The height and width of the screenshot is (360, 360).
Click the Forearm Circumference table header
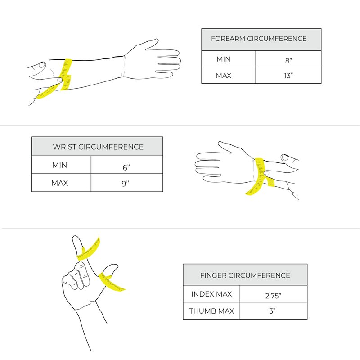pyautogui.click(x=259, y=39)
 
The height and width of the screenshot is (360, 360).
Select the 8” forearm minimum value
pyautogui.click(x=288, y=61)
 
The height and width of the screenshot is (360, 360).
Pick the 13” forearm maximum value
pyautogui.click(x=288, y=75)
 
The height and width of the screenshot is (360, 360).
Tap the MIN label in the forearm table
pyautogui.click(x=223, y=59)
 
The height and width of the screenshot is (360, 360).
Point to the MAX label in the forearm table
pyautogui.click(x=223, y=76)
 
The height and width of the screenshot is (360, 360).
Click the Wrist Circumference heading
pyautogui.click(x=98, y=147)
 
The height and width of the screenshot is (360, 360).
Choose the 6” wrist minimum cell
pyautogui.click(x=126, y=167)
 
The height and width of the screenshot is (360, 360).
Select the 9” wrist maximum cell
pyautogui.click(x=126, y=184)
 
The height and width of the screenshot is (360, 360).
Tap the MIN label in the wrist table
pyautogui.click(x=59, y=165)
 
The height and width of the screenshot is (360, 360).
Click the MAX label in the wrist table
pyautogui.click(x=59, y=183)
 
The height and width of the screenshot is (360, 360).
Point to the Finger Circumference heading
pyautogui.click(x=245, y=275)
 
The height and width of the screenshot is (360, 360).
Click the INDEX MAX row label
pyautogui.click(x=211, y=294)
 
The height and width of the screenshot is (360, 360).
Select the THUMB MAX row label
pyautogui.click(x=211, y=311)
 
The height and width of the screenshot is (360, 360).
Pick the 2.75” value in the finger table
pyautogui.click(x=273, y=296)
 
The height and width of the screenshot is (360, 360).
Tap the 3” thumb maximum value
pyautogui.click(x=272, y=311)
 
